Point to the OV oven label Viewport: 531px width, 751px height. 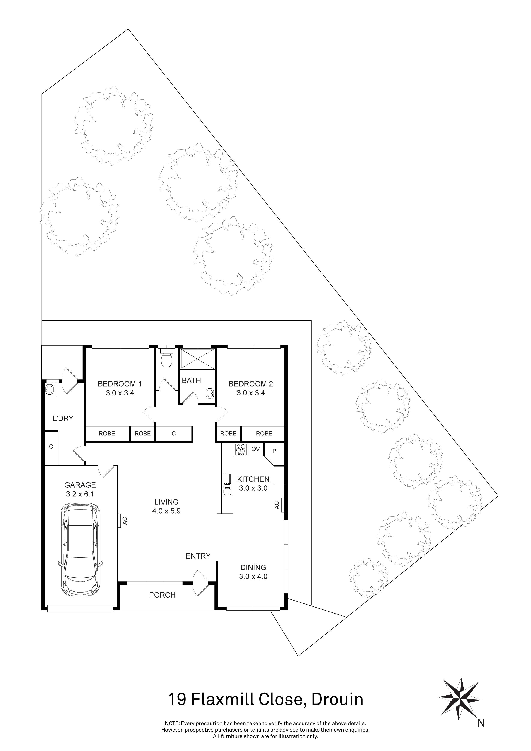[255, 449]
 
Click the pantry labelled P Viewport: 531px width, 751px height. [274, 451]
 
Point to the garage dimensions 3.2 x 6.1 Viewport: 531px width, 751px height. [80, 494]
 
